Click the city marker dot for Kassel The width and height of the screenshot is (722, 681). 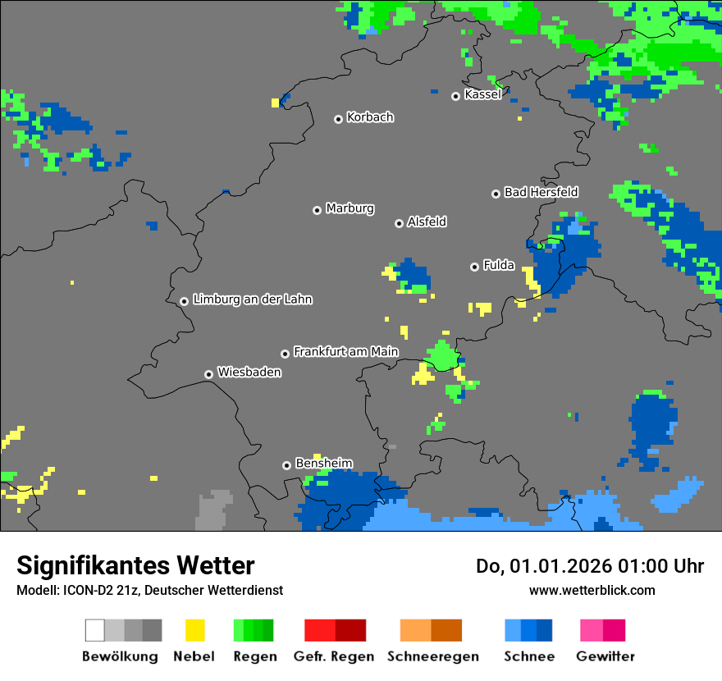(455, 96)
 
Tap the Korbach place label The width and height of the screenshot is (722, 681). (370, 117)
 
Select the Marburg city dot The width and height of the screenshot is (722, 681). (317, 210)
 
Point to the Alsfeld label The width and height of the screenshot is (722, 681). (427, 222)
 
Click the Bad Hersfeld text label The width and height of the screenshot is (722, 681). (541, 192)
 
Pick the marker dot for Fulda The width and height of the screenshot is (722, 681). (474, 267)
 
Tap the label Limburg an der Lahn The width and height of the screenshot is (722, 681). (252, 299)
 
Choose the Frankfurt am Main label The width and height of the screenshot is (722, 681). (345, 352)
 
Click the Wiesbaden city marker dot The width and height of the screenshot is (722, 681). (208, 374)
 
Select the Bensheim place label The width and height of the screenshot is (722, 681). (323, 464)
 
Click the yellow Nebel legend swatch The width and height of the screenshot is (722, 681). (194, 630)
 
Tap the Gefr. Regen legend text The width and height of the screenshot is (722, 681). (334, 656)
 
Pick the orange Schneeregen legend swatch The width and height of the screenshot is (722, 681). (415, 630)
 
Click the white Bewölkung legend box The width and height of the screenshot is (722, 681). (95, 630)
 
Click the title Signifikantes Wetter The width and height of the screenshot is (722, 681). (135, 565)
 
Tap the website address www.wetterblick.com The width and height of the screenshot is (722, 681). (592, 590)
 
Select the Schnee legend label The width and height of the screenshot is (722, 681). (528, 656)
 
